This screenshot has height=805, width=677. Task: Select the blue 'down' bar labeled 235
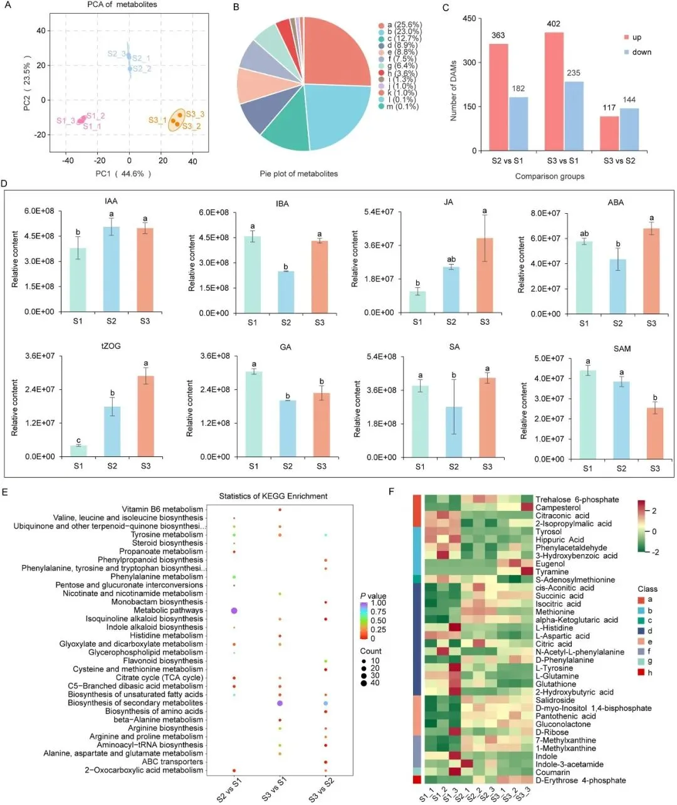[574, 116]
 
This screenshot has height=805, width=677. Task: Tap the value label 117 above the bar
[609, 108]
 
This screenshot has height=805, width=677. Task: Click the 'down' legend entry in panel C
[641, 52]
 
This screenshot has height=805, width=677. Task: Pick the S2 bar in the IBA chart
[286, 292]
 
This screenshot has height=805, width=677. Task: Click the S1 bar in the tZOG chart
[78, 451]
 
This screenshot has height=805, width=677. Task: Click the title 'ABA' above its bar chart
[616, 203]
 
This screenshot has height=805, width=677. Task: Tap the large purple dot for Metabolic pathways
[234, 610]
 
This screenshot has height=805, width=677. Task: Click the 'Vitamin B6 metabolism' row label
[162, 509]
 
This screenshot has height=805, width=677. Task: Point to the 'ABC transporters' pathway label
[172, 762]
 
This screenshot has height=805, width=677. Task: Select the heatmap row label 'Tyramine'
[552, 572]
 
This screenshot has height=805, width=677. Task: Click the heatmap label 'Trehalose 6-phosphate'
[577, 500]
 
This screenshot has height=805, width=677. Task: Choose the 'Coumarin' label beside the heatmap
[553, 772]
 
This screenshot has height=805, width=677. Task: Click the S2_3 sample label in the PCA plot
[117, 54]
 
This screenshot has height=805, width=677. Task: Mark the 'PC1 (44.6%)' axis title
[123, 174]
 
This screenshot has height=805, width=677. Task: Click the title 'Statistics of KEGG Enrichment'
[273, 496]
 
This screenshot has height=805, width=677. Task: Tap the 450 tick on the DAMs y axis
[468, 19]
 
